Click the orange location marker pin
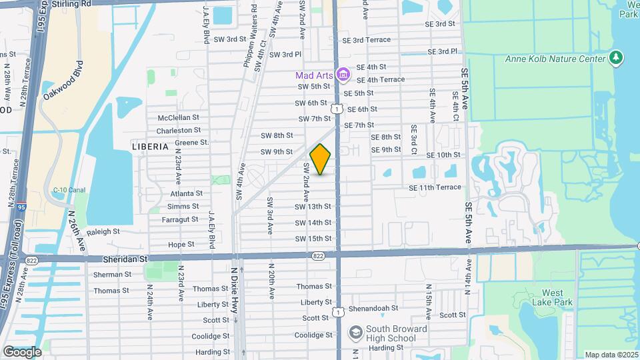click(321, 159)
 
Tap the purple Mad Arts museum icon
click(343, 75)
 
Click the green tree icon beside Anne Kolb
click(617, 58)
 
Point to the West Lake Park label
click(552, 297)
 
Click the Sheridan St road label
click(125, 258)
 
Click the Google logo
click(22, 351)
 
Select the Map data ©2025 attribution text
click(611, 355)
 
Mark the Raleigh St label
click(103, 231)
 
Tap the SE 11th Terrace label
click(435, 187)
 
